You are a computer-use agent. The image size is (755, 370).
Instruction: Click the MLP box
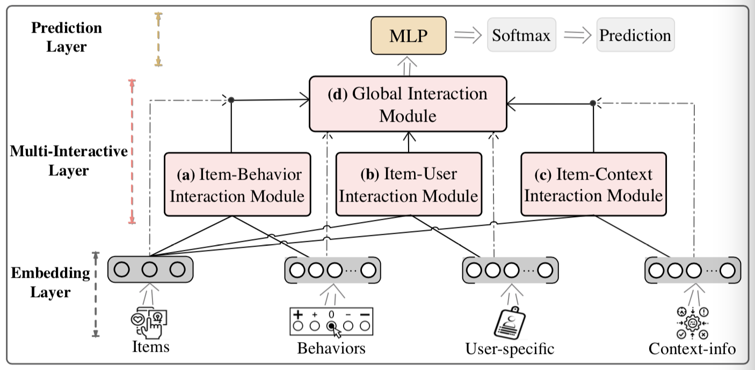coord(409,36)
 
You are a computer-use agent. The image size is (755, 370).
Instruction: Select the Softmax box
coord(521,36)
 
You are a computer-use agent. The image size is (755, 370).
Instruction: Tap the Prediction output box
coord(635,36)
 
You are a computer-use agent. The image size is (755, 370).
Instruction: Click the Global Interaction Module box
coord(408,104)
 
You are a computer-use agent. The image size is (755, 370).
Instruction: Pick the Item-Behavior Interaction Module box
coord(237,184)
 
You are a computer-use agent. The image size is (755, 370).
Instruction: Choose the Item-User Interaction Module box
coord(409,184)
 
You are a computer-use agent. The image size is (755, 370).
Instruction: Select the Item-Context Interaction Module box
coord(593,184)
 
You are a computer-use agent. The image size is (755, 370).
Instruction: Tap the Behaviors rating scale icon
coord(331,321)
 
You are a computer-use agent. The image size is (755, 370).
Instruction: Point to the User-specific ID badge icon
coord(509,321)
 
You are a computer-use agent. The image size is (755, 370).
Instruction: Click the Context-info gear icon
coord(692,322)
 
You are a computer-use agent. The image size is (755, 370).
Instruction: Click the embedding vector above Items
coord(150,270)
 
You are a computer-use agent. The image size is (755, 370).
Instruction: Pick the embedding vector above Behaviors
coord(332,271)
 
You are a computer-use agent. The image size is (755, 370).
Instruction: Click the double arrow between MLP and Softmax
coord(466,35)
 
